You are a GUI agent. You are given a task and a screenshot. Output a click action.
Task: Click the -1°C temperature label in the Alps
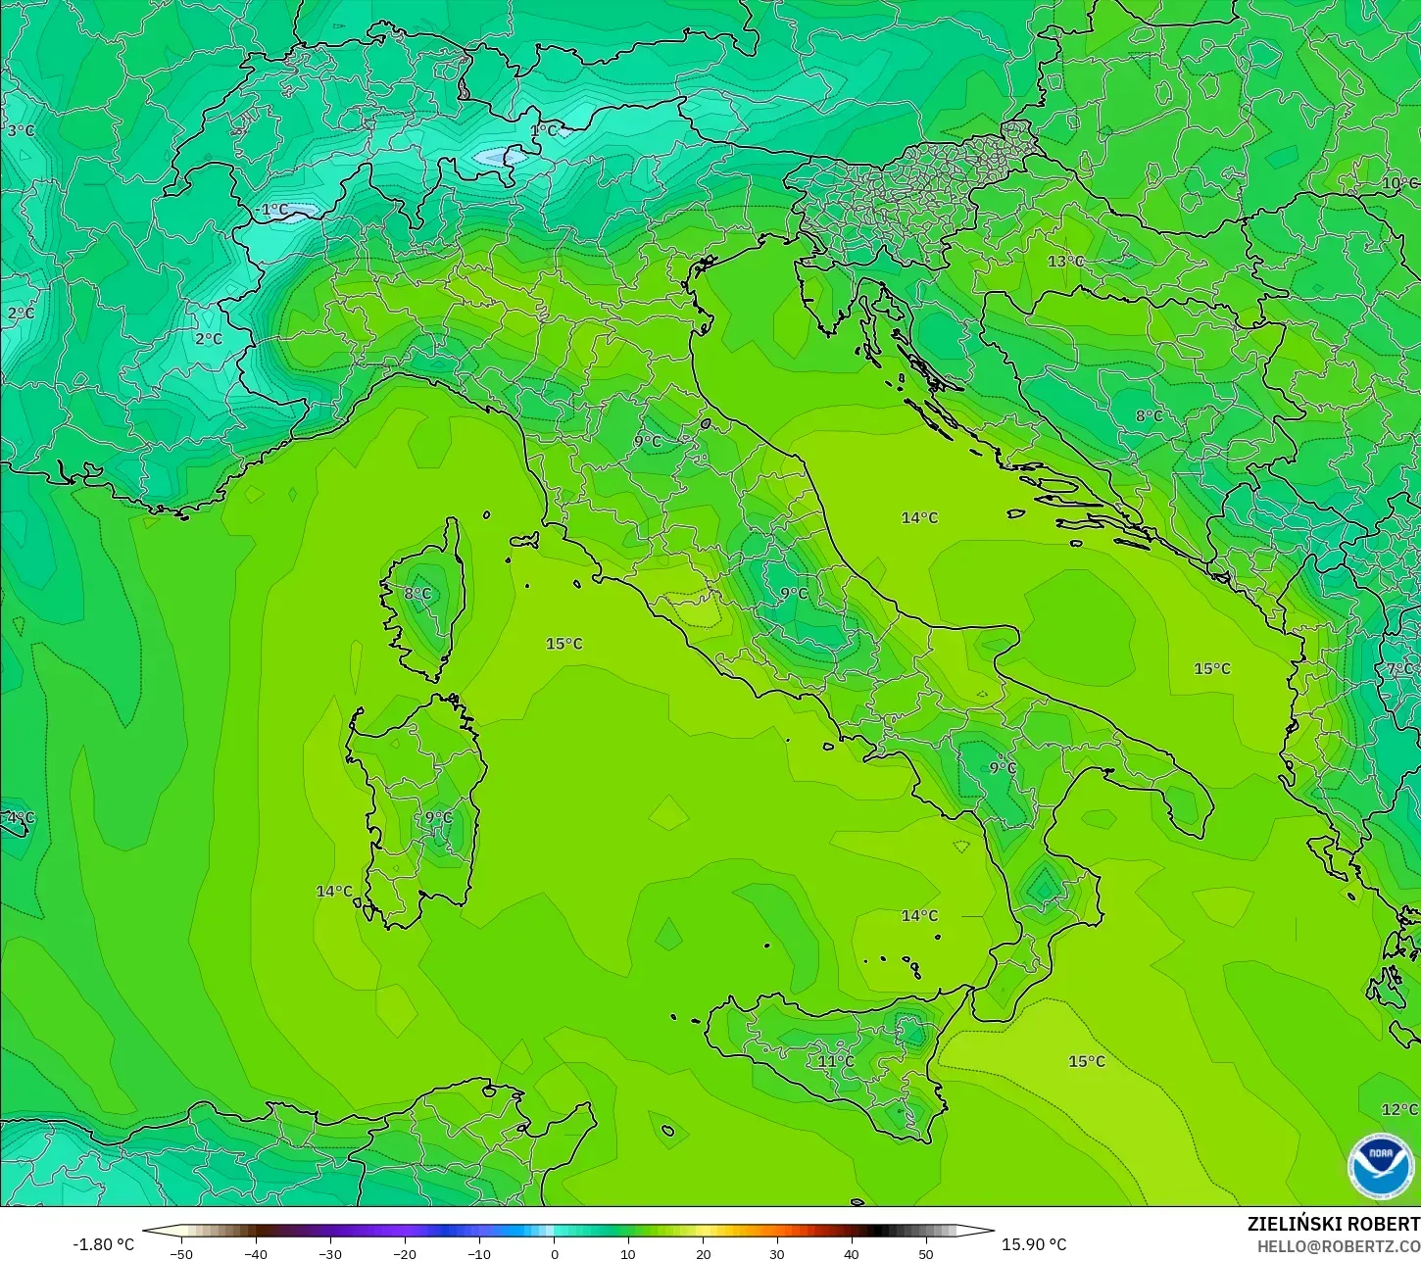[x=272, y=210]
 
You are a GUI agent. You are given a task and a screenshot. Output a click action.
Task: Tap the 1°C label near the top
[x=543, y=130]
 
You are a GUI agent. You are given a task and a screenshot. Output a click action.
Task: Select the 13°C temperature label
[x=1066, y=262]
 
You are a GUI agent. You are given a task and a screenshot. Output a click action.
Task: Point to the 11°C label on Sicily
[x=836, y=1061]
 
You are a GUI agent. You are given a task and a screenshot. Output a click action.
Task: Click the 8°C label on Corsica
[x=417, y=593]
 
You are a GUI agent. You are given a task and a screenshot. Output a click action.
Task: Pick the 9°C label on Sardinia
[x=438, y=817]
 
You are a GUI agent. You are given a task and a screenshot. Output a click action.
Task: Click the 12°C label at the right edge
[x=1399, y=1109]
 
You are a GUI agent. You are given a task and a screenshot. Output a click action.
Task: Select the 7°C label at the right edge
[x=1400, y=669]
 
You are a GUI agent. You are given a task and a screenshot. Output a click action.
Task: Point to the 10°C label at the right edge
[x=1399, y=183]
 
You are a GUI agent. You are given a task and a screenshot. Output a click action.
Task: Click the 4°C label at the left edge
[x=20, y=817]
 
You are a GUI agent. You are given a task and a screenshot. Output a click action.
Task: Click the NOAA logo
[x=1380, y=1166]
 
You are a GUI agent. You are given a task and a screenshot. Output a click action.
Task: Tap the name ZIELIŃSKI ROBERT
[x=1333, y=1224]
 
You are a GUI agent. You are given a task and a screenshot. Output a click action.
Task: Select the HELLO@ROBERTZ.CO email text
[x=1339, y=1246]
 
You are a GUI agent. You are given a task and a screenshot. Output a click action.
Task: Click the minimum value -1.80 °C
[x=104, y=1244]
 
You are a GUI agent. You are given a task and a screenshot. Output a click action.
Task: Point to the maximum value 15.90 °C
[x=1034, y=1244]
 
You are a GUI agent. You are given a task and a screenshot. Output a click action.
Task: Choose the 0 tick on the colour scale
[x=554, y=1253]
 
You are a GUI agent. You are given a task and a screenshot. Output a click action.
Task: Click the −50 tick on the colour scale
[x=181, y=1253]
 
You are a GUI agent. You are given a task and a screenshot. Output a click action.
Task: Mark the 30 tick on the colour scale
[x=777, y=1253]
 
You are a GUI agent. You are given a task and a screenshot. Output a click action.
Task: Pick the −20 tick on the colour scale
[x=404, y=1253]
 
